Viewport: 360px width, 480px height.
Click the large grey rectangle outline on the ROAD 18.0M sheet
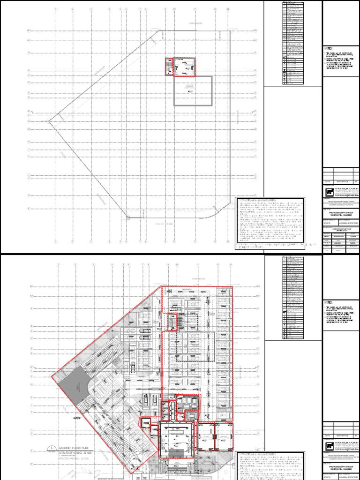click(x=193, y=91)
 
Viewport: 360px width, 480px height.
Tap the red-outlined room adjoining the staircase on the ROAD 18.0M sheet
click(x=185, y=67)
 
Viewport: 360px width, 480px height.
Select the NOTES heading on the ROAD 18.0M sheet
click(x=328, y=49)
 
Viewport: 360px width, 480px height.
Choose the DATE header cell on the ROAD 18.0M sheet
click(x=328, y=181)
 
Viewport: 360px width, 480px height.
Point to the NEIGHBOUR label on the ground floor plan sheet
click(x=194, y=278)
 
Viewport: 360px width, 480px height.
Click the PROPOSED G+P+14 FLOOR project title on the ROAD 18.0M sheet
click(x=341, y=217)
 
